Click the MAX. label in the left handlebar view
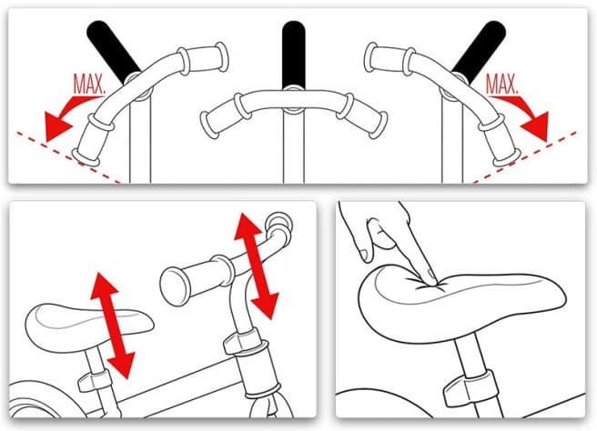tap(89, 84)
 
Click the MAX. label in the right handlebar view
tap(502, 84)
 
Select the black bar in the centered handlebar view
tap(293, 55)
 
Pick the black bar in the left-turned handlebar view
tap(113, 51)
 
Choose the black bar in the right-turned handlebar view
tap(481, 51)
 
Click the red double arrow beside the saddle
tap(112, 326)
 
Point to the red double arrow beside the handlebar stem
tap(257, 266)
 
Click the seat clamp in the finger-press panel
tap(471, 388)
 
